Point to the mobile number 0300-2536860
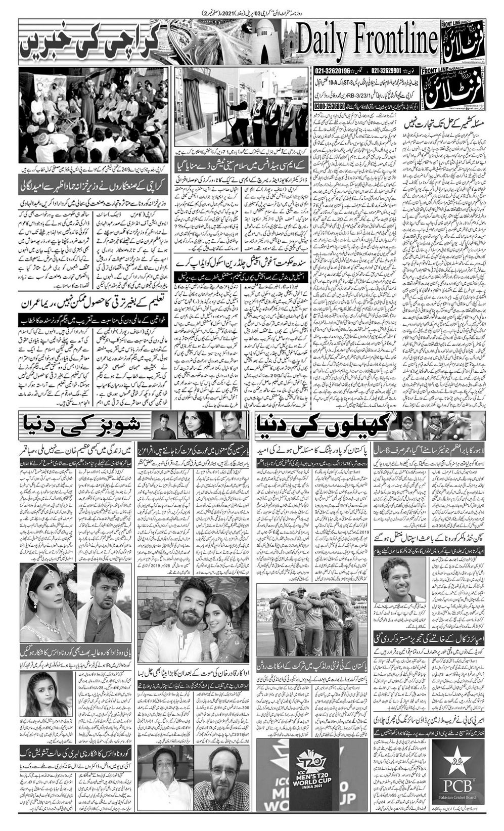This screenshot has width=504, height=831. coord(329,107)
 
